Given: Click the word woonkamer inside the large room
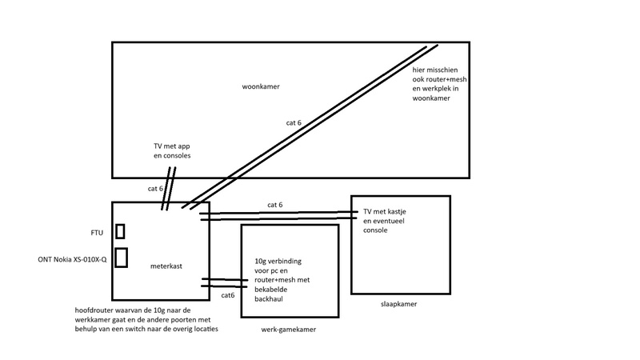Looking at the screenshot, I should click(260, 86).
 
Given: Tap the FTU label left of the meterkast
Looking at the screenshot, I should click(97, 233).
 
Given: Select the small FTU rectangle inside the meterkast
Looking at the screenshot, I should click(120, 231).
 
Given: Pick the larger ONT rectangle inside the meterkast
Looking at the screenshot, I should click(122, 258).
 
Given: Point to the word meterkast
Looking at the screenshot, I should click(166, 265).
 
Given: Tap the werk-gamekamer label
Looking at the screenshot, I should click(288, 329).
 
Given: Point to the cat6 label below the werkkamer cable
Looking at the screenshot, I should click(228, 295).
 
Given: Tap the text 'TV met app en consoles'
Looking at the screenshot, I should click(170, 151).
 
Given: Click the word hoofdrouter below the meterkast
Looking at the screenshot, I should click(91, 310).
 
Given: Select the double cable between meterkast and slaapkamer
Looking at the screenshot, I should click(280, 214).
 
